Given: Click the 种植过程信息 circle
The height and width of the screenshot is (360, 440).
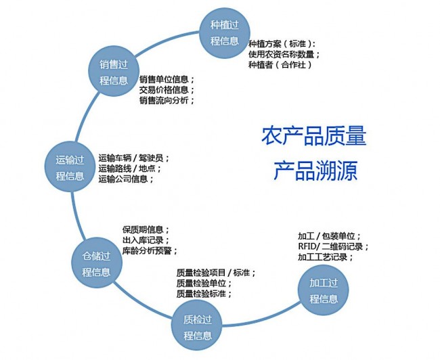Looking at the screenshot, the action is click(x=225, y=33).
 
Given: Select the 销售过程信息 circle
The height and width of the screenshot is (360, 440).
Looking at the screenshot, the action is click(x=114, y=72).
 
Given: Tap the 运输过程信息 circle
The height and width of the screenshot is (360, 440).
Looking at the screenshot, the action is click(x=70, y=167).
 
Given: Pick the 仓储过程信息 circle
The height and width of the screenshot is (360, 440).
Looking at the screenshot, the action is click(x=97, y=263).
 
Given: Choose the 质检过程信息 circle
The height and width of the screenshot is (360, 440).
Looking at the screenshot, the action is click(x=197, y=325).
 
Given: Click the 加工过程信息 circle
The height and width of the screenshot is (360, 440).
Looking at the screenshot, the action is click(x=324, y=290).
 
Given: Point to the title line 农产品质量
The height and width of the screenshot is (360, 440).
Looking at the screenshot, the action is click(x=314, y=136).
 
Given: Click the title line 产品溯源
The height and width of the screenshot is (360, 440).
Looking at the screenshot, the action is click(x=315, y=171).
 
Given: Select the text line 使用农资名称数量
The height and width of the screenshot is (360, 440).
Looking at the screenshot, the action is click(x=284, y=54).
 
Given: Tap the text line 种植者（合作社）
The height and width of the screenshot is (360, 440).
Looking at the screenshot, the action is click(x=280, y=65).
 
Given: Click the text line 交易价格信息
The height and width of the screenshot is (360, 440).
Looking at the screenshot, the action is click(x=167, y=90).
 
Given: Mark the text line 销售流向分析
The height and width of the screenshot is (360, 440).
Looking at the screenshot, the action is click(x=167, y=100).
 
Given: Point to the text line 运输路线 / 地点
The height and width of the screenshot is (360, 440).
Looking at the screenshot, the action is click(x=130, y=168).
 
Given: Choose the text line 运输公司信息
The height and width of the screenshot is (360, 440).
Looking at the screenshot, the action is click(x=126, y=179).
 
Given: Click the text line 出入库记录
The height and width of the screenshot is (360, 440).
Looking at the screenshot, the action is click(x=146, y=240).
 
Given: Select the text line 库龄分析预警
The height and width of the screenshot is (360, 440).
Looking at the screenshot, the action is click(x=150, y=250).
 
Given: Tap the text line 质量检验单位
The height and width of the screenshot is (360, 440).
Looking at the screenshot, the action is click(x=204, y=283).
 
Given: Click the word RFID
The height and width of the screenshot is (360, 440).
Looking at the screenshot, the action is click(x=307, y=246).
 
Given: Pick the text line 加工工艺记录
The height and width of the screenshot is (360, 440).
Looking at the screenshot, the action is click(x=325, y=257).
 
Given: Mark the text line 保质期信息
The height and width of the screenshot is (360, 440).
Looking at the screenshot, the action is click(x=146, y=230).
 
